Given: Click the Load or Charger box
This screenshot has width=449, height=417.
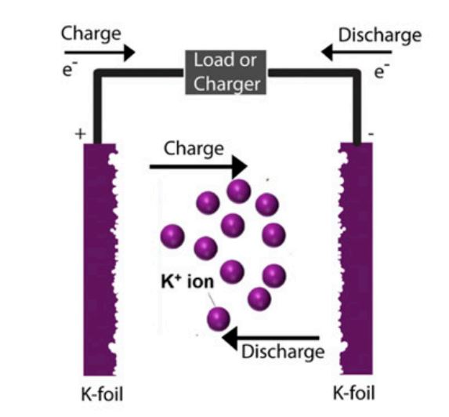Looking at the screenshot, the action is point(226,72).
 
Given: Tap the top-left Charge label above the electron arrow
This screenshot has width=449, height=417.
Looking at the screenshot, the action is point(91,34).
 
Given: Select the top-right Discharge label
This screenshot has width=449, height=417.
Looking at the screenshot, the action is point(380,36).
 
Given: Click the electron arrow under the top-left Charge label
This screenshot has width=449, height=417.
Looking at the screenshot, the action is point(100,53).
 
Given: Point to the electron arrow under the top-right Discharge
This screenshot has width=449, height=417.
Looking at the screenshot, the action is point(357,52).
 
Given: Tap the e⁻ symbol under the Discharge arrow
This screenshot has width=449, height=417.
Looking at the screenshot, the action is point(382,71).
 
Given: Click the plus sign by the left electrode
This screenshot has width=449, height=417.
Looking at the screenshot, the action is point(80,134).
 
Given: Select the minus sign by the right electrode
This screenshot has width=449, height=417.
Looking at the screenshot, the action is point(371,134).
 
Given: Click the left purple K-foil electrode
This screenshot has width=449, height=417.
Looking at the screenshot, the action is point(100,259).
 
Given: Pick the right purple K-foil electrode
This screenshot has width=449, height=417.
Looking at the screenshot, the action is point(356,259).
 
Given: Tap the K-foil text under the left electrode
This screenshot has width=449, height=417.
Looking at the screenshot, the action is point(102,394).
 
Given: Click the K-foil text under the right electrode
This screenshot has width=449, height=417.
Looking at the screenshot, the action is point(354,393).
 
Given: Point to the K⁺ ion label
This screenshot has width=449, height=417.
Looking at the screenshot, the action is point(187,281).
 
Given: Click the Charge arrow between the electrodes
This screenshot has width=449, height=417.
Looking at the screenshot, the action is point(198,167).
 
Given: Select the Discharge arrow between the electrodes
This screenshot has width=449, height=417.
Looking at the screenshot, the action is point(270,339).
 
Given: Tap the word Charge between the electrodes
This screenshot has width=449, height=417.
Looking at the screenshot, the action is point(194,149).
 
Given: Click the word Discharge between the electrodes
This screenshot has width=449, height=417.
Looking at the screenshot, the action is point(283,351).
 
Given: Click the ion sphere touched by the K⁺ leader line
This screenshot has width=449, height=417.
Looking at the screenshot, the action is point(218,318).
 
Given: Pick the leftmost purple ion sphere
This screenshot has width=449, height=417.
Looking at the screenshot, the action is point(172,236).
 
